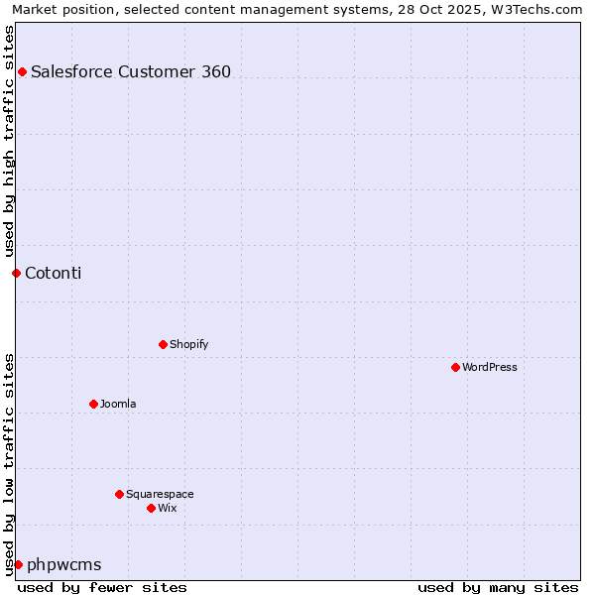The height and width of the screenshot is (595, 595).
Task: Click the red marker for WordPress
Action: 455,367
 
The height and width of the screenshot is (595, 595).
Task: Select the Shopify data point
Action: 163,344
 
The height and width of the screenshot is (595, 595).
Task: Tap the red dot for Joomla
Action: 93,404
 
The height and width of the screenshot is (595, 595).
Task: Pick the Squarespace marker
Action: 119,494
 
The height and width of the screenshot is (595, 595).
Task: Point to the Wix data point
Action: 151,508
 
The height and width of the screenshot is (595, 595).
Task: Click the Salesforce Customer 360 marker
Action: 22,71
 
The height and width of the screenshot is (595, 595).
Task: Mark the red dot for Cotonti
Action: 16,273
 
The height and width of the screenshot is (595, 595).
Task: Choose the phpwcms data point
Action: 18,564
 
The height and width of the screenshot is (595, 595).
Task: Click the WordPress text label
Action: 490,367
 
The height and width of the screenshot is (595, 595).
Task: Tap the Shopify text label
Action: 188,344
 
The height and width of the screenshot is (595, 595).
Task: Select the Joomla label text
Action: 118,404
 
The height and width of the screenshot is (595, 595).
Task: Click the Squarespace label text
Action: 160,494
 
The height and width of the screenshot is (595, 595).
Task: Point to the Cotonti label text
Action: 53,273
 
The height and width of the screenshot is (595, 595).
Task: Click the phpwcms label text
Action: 64,564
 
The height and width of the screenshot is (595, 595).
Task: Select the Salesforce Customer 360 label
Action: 131,71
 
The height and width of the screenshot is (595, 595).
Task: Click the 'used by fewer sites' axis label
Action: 102,587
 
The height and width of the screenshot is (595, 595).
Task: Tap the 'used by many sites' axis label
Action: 498,587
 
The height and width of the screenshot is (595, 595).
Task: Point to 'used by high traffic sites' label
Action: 9,140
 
